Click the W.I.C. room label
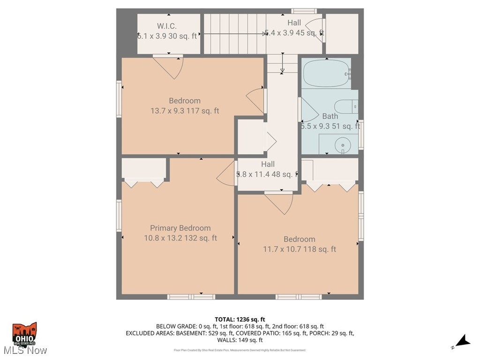tap(167, 26)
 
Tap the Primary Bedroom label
tap(180, 228)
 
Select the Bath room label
tap(330, 116)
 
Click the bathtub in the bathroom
tap(326, 73)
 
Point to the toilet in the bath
tap(346, 107)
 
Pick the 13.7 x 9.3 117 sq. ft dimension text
tap(185, 111)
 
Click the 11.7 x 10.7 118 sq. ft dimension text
tap(299, 249)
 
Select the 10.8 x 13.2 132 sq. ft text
tap(180, 238)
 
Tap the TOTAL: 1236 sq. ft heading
tap(240, 319)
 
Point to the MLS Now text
tap(24, 350)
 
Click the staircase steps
tap(234, 34)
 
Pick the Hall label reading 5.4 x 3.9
tap(294, 22)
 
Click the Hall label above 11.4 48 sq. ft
tap(268, 164)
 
